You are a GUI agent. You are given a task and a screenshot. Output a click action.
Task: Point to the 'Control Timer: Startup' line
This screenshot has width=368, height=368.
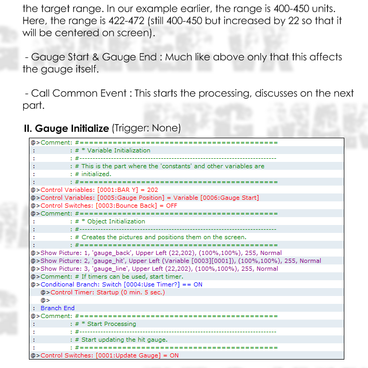click(x=108, y=292)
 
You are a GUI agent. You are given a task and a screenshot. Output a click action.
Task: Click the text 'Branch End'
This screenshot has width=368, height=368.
click(x=57, y=308)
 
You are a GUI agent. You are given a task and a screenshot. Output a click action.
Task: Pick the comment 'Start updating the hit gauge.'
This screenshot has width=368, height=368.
click(x=125, y=340)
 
